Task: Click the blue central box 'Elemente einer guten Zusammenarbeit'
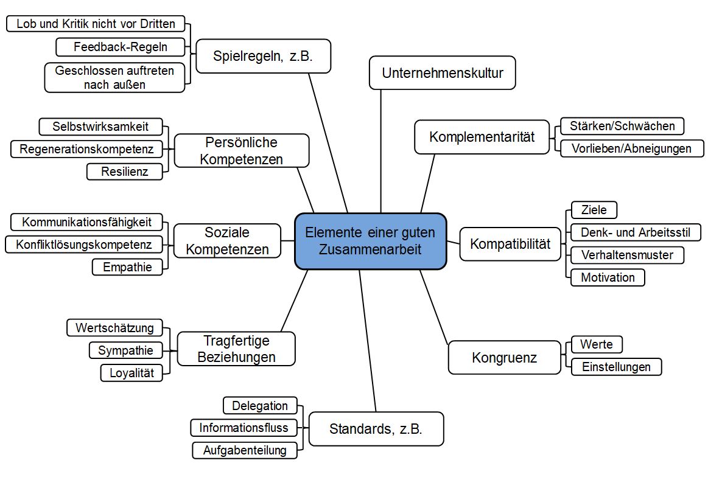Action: pyautogui.click(x=370, y=241)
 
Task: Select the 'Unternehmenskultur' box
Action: pyautogui.click(x=443, y=73)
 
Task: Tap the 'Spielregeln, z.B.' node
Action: pyautogui.click(x=263, y=57)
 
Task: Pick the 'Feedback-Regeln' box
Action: pyautogui.click(x=120, y=46)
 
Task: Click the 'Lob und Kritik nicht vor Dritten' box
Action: pyautogui.click(x=96, y=24)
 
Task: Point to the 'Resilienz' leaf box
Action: pyautogui.click(x=125, y=172)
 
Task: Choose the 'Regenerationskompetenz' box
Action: pyautogui.click(x=86, y=149)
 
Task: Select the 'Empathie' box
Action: pyautogui.click(x=127, y=266)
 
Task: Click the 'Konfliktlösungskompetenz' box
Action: pyautogui.click(x=84, y=245)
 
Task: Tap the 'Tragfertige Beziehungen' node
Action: pyautogui.click(x=236, y=349)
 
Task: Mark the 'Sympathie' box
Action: pyautogui.click(x=125, y=350)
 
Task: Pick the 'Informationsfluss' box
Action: pyautogui.click(x=244, y=428)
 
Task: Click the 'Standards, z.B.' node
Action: pyautogui.click(x=376, y=429)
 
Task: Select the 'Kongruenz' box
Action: pyautogui.click(x=504, y=357)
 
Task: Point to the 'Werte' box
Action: pyautogui.click(x=596, y=344)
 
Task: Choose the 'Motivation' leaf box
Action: pyautogui.click(x=608, y=277)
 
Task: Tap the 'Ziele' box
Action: pyautogui.click(x=594, y=210)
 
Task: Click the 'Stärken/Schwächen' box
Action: pyautogui.click(x=622, y=126)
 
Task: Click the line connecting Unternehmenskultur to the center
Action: pyautogui.click(x=381, y=152)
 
